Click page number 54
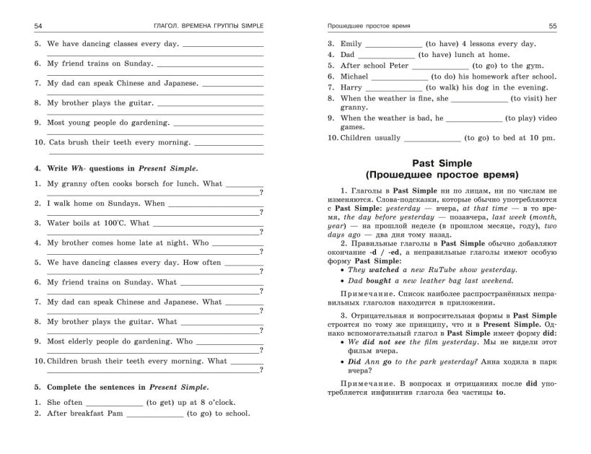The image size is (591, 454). pyautogui.click(x=38, y=26)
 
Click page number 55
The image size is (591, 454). pyautogui.click(x=553, y=26)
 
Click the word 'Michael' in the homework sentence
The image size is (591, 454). pyautogui.click(x=354, y=77)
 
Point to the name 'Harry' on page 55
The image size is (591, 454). pyautogui.click(x=351, y=87)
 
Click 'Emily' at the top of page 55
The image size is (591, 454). pyautogui.click(x=351, y=44)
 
